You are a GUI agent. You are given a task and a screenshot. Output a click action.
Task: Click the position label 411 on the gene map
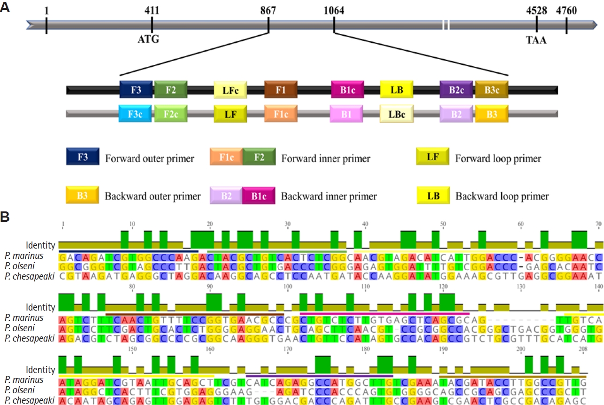pos(152,10)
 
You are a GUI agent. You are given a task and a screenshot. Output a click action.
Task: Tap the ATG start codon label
pos(148,39)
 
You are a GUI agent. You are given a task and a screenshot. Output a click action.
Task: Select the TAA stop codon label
pos(536,40)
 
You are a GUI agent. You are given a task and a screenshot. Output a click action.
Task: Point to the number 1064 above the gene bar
pos(334,10)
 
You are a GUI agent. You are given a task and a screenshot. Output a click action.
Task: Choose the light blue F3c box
pos(136,113)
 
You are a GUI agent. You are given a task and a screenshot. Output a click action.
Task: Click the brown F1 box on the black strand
pos(281,89)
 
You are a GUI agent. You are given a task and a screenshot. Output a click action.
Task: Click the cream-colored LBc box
pos(397,114)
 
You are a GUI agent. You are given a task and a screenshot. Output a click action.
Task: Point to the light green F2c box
pos(171,113)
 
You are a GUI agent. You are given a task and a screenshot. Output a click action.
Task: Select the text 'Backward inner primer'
pos(329,195)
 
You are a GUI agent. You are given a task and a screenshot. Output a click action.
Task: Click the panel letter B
pos(5,218)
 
